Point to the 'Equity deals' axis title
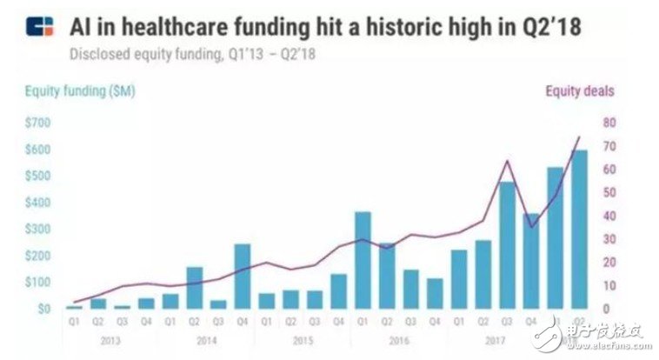(x=580, y=90)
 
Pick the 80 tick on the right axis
(x=609, y=123)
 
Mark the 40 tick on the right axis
(x=609, y=216)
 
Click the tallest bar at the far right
(x=578, y=229)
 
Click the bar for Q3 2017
(x=507, y=244)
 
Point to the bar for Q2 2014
(x=195, y=287)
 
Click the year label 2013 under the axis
(x=110, y=340)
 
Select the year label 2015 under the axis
(x=302, y=340)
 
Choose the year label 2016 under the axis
(x=398, y=340)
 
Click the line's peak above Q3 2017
(x=508, y=161)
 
